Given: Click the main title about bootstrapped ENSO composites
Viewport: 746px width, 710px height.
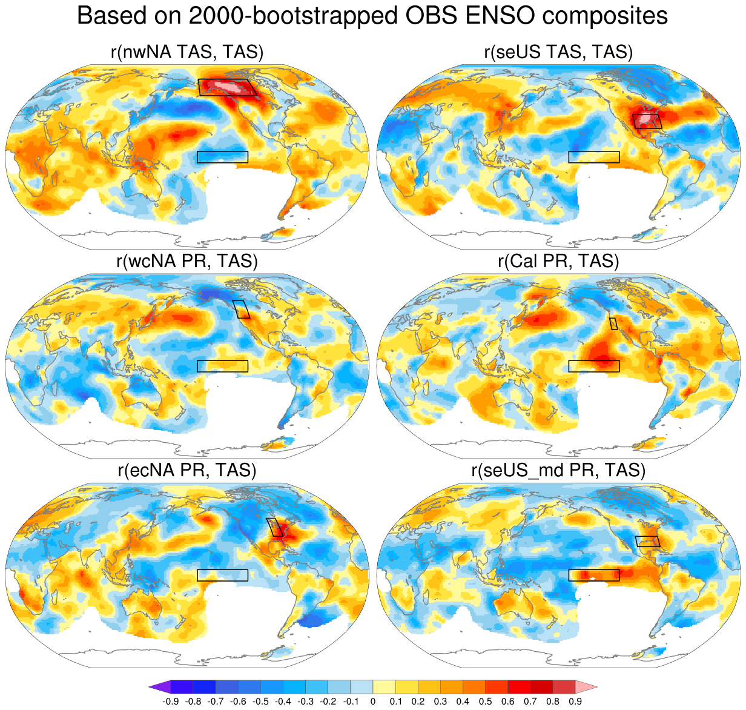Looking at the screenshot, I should (372, 16).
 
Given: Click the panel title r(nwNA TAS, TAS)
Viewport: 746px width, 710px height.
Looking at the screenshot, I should (187, 52).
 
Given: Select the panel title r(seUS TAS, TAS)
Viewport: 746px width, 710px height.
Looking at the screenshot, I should (558, 52).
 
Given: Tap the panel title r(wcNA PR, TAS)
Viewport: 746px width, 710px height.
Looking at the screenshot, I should (187, 261).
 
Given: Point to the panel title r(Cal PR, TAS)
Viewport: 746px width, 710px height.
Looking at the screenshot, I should (558, 261).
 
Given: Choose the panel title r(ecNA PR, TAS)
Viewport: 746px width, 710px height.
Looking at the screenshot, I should (187, 470).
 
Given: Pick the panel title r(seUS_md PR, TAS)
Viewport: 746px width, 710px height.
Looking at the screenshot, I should (558, 470).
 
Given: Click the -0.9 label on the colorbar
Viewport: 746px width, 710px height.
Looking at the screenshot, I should (170, 702).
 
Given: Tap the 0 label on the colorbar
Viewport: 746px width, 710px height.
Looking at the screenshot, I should (373, 702).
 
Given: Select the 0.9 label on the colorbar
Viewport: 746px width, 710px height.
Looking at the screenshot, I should (575, 702).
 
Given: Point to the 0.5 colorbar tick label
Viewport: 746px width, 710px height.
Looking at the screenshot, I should (485, 702).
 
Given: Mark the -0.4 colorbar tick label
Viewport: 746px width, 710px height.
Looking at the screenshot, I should (283, 702).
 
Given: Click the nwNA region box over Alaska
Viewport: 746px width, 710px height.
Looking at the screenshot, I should (227, 87).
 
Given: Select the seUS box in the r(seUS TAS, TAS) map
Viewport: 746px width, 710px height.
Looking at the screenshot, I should (647, 121).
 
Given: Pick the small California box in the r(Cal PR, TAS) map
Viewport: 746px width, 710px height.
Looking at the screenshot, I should (613, 323).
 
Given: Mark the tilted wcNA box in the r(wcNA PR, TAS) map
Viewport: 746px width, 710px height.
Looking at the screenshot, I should (242, 309).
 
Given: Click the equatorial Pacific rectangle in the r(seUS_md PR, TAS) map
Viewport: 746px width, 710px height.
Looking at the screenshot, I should (594, 576).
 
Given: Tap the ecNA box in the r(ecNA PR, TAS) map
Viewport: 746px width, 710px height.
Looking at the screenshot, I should (275, 527).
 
